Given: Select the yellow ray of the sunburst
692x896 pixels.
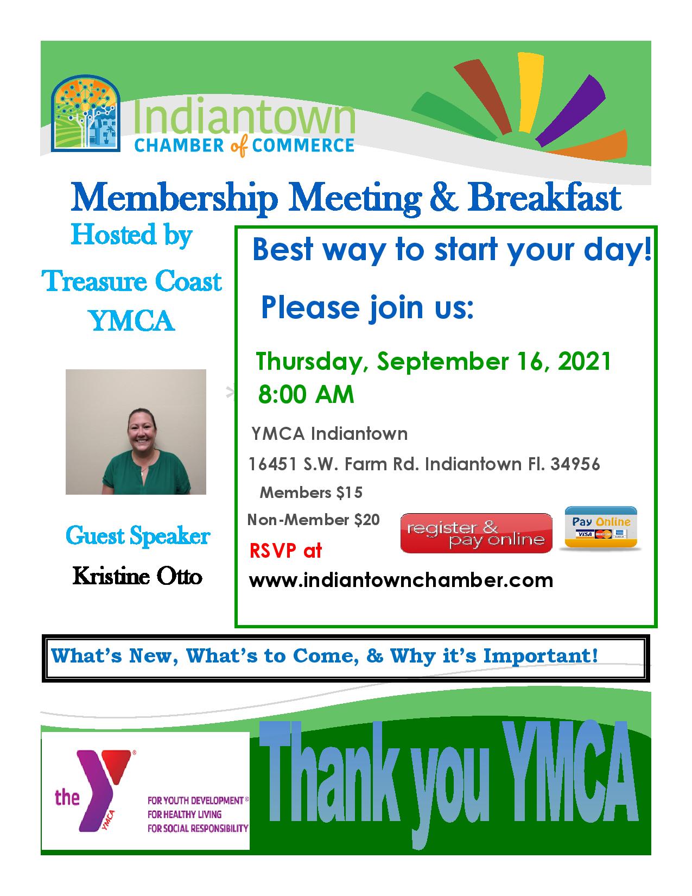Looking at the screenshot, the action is pyautogui.click(x=530, y=92).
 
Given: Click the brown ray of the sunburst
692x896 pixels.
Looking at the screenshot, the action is pyautogui.click(x=484, y=97).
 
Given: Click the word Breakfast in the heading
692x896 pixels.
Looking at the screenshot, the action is pyautogui.click(x=544, y=198).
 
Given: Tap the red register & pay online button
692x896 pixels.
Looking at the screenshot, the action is pyautogui.click(x=476, y=533).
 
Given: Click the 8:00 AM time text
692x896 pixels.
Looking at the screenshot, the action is pyautogui.click(x=306, y=394).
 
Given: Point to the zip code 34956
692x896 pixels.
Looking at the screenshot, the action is pyautogui.click(x=575, y=464).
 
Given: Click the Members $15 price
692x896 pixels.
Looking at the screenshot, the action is pyautogui.click(x=311, y=493).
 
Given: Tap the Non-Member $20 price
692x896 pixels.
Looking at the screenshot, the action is pyautogui.click(x=313, y=520).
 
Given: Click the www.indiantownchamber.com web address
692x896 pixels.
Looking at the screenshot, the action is pyautogui.click(x=401, y=580).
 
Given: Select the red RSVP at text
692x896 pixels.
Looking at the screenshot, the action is pyautogui.click(x=285, y=551).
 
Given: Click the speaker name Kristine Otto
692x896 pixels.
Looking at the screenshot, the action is pyautogui.click(x=137, y=576).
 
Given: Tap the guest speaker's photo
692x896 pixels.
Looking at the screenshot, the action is pyautogui.click(x=136, y=432).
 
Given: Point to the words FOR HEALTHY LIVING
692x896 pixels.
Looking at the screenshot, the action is pyautogui.click(x=185, y=815).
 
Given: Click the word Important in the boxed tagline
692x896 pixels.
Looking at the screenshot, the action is pyautogui.click(x=541, y=655).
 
